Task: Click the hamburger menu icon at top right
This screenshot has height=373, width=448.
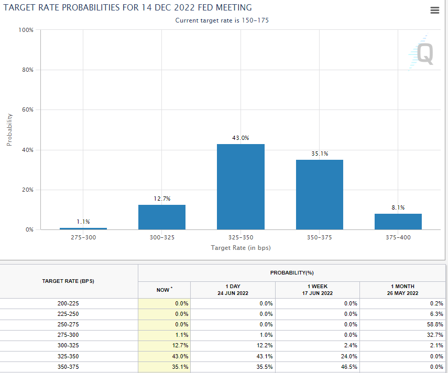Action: [x=434, y=10]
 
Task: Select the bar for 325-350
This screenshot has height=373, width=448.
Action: [x=241, y=186]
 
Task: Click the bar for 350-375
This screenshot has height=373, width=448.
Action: [x=319, y=194]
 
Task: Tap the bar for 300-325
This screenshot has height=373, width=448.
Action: [x=161, y=217]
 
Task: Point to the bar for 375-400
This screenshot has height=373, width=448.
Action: [x=398, y=222]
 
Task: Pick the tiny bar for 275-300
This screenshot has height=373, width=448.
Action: [x=83, y=228]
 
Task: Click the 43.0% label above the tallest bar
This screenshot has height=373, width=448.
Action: [x=241, y=138]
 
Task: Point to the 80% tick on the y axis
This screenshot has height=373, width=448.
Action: [x=27, y=70]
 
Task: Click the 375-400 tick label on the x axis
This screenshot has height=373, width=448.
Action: [x=398, y=238]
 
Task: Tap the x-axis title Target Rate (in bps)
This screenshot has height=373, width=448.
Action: [x=241, y=247]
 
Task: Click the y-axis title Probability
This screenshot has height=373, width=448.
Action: [x=9, y=129]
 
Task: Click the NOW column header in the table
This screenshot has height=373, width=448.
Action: [x=163, y=290]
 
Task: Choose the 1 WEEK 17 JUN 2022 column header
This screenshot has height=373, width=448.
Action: [x=317, y=290]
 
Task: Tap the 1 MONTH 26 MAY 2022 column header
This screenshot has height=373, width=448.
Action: [x=402, y=290]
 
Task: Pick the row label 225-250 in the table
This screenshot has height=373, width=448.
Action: [x=68, y=314]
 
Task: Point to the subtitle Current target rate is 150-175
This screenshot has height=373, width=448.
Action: [x=222, y=20]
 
